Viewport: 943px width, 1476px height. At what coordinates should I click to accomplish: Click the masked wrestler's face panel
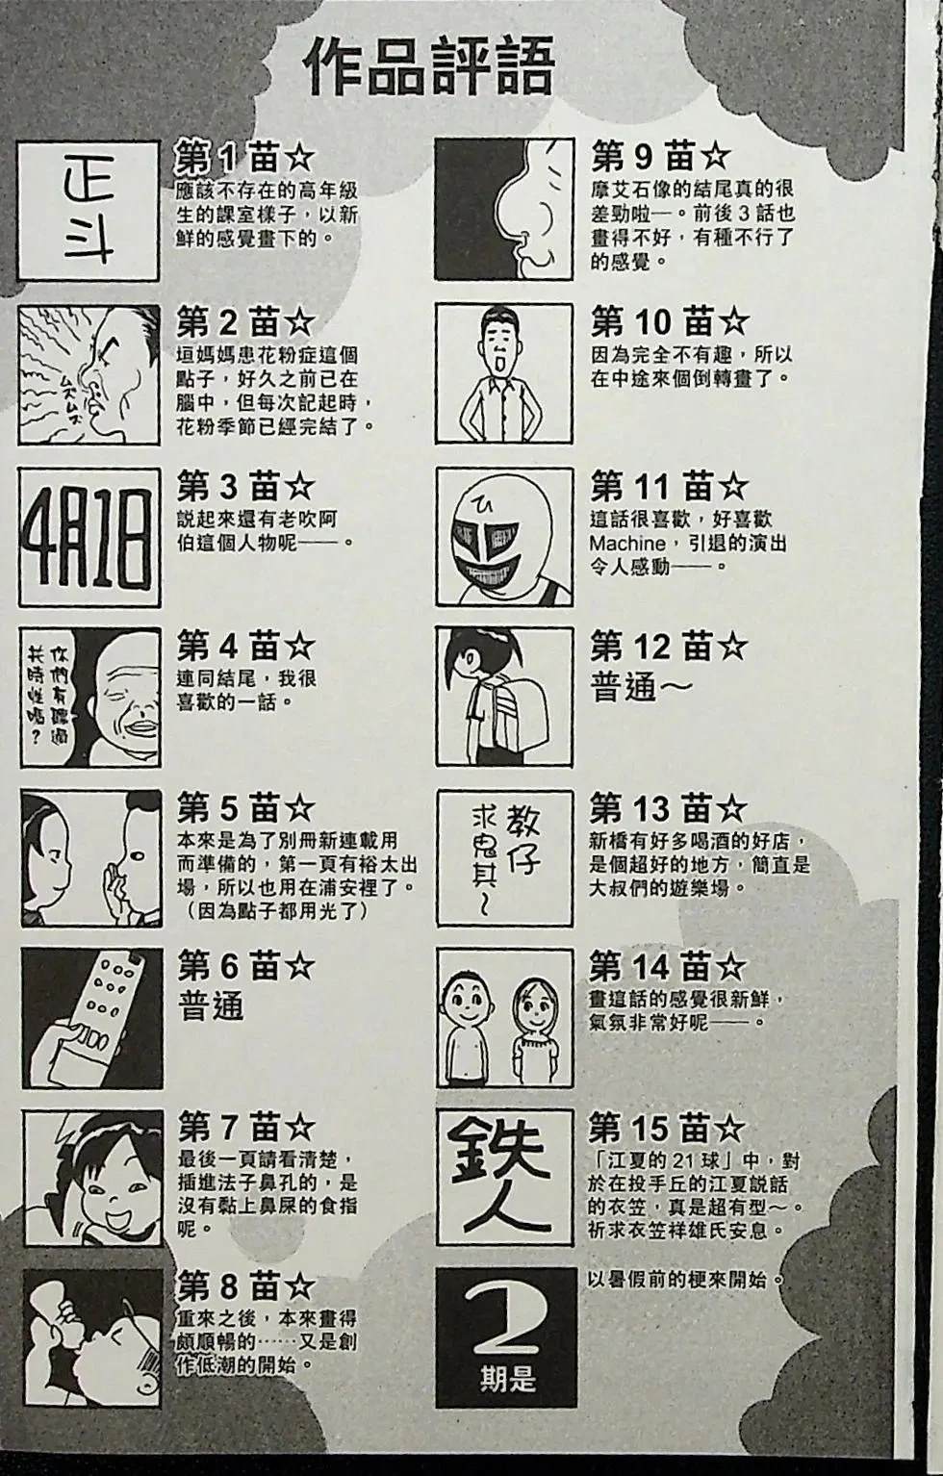click(x=503, y=537)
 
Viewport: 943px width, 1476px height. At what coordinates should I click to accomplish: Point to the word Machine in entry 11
click(x=627, y=544)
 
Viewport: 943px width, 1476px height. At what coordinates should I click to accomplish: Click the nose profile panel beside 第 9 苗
click(x=503, y=209)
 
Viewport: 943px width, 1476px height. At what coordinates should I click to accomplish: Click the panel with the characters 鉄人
click(x=504, y=1174)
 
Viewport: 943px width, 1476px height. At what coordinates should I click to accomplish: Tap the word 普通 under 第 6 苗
click(x=211, y=1005)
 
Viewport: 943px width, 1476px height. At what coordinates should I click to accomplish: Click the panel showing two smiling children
click(x=503, y=1017)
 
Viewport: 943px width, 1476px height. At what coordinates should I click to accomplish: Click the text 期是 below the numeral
click(x=507, y=1380)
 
